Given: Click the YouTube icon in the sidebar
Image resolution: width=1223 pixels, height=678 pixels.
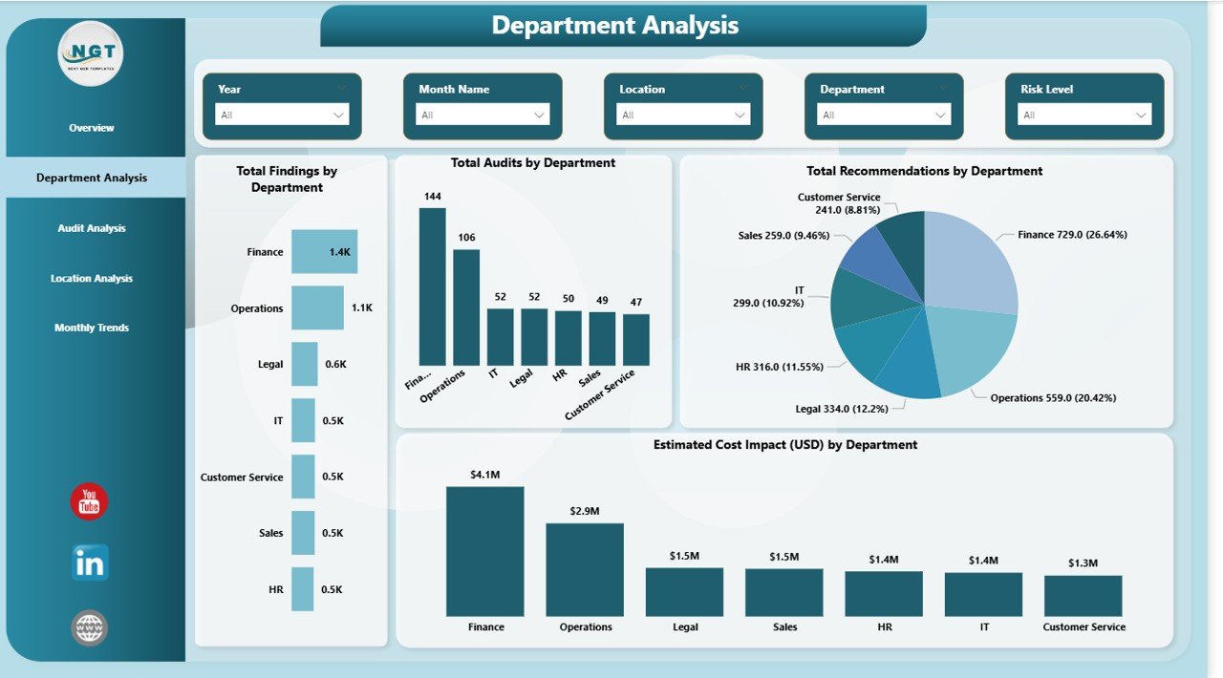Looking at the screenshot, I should point(89,501).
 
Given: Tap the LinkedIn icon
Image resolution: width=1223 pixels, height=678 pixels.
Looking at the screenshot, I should point(90,562).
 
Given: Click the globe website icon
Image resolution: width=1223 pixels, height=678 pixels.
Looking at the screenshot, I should point(89,627).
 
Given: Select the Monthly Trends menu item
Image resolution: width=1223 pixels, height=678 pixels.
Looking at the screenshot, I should point(92,328).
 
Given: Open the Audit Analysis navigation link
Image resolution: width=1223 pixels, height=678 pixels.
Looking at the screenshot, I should point(92,228).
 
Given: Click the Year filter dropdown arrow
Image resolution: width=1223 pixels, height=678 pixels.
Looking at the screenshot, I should point(338,115).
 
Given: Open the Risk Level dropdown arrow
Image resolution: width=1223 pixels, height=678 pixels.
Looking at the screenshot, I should point(1141,115).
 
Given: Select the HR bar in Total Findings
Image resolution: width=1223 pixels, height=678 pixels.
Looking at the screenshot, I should point(303,589).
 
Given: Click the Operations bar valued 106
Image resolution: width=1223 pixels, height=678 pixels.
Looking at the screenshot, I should point(466,307).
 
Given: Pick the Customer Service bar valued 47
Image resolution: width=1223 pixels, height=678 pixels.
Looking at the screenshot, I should point(636,339).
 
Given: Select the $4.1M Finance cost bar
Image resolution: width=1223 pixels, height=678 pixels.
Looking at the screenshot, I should point(484,551).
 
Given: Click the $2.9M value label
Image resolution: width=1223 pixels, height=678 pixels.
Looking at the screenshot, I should point(585,511).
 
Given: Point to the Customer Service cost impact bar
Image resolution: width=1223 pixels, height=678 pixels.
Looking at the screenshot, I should point(1083,595).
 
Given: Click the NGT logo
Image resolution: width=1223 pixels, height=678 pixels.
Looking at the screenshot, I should point(90,53).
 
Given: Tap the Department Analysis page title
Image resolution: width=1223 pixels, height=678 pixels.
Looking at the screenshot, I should point(615,26).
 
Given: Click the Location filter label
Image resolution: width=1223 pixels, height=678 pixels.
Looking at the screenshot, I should point(642,89).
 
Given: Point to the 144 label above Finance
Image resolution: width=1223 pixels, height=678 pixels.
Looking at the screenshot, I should point(432,197).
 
